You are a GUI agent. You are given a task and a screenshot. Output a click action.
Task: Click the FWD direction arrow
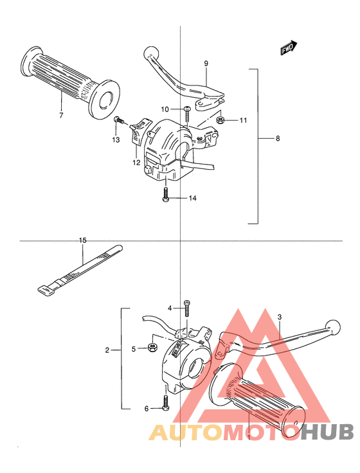pos(289,48)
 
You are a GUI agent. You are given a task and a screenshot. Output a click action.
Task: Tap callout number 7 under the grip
pos(61,115)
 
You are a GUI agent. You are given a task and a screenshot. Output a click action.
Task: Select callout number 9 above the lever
pos(206,64)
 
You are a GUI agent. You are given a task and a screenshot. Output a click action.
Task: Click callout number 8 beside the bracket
pos(278,138)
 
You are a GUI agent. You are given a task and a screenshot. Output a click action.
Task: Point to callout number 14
pos(192,198)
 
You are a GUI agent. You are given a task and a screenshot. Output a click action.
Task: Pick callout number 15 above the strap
pos(83,240)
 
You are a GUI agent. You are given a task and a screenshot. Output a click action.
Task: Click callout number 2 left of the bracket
pos(107,350)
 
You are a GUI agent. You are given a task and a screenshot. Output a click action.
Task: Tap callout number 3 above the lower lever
pos(280,317)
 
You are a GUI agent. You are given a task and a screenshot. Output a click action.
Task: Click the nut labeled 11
pos(221,120)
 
